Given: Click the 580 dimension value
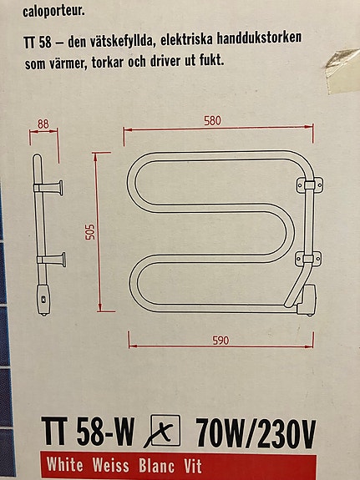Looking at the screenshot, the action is pos(212,120).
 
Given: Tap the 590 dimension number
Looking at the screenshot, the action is pos(221,340).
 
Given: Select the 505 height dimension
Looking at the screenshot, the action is pos(90,232).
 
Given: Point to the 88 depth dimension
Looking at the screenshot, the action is pos(43,124).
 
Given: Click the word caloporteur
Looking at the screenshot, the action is pos(53,13).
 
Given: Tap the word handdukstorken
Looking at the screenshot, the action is pos(259,39).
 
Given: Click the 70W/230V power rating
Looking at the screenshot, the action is pos(256,433).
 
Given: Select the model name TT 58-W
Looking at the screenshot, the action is pos(88,432).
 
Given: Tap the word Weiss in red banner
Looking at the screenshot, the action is pos(110,465).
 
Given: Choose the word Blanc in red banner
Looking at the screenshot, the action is pos(156,466).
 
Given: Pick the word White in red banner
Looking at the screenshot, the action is pos(65,464).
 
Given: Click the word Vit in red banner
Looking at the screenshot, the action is pos(193,466).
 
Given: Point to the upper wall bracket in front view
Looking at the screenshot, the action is pos(309,184).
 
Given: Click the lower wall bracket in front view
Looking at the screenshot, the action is pos(308,259).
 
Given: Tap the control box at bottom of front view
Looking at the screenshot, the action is pos(307,301).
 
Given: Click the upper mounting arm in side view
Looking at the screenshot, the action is pos(48,188).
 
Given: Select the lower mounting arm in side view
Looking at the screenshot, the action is pos(52,260).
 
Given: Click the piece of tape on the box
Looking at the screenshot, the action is pos(342,70).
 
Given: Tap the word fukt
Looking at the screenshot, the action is pos(210,60).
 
